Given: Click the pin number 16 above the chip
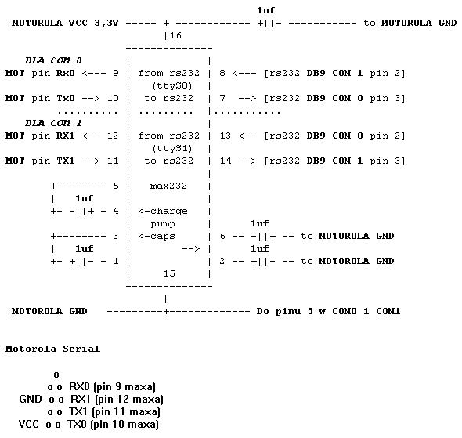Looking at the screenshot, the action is [x=175, y=35].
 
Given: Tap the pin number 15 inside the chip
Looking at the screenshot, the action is [x=169, y=273].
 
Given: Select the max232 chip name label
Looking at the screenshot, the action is [x=168, y=186].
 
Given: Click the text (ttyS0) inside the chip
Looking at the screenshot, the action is [x=172, y=85].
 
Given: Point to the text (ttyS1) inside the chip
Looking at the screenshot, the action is [x=172, y=148].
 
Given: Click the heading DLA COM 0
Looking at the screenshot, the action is [x=53, y=60].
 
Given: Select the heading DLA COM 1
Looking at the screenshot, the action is [x=53, y=123].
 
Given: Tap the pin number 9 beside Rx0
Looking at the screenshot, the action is [x=116, y=73].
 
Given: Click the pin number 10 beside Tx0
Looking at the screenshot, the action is [x=113, y=98].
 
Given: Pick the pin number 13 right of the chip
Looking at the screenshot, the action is [x=226, y=136].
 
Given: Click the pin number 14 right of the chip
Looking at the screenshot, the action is [x=226, y=161].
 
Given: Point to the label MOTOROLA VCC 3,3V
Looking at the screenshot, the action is [x=65, y=23].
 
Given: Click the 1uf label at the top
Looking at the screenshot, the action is [x=266, y=10].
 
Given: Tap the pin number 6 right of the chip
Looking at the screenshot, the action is [x=222, y=236].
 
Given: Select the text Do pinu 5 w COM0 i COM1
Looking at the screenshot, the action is [x=328, y=311].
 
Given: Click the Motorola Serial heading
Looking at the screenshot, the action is [x=52, y=349].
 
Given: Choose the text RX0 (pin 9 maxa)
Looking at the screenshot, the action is [x=112, y=386].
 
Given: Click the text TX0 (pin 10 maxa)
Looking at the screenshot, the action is [x=113, y=424].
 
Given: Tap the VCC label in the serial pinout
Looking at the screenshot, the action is [x=28, y=424].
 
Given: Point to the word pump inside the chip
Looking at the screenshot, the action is [x=163, y=224].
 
